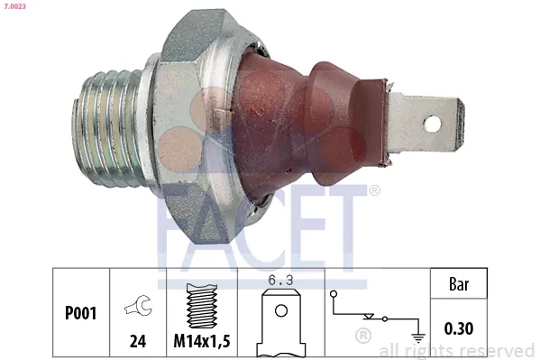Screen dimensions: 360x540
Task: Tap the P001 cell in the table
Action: click(x=80, y=315)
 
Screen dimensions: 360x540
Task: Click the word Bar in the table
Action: click(x=459, y=283)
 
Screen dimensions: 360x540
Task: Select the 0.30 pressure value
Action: click(x=459, y=328)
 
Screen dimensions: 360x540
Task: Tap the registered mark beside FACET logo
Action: click(x=374, y=190)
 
